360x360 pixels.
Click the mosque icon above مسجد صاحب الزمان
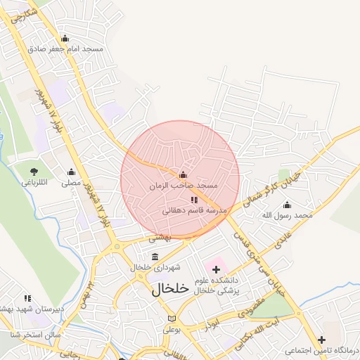coord(184,175)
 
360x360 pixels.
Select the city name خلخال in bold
coord(171,288)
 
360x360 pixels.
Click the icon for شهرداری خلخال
coord(155,256)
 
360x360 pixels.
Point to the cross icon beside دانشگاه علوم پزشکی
coord(216,269)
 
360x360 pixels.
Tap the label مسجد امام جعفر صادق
coord(65,49)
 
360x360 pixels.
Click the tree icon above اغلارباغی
coord(33,171)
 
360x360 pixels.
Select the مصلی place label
coord(70,183)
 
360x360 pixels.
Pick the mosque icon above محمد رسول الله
coord(287,205)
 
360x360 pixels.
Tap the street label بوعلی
coord(173,328)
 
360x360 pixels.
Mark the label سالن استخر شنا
coord(27,335)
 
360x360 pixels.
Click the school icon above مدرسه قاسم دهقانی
coord(194,200)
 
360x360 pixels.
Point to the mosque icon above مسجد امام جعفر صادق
coord(65,39)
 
